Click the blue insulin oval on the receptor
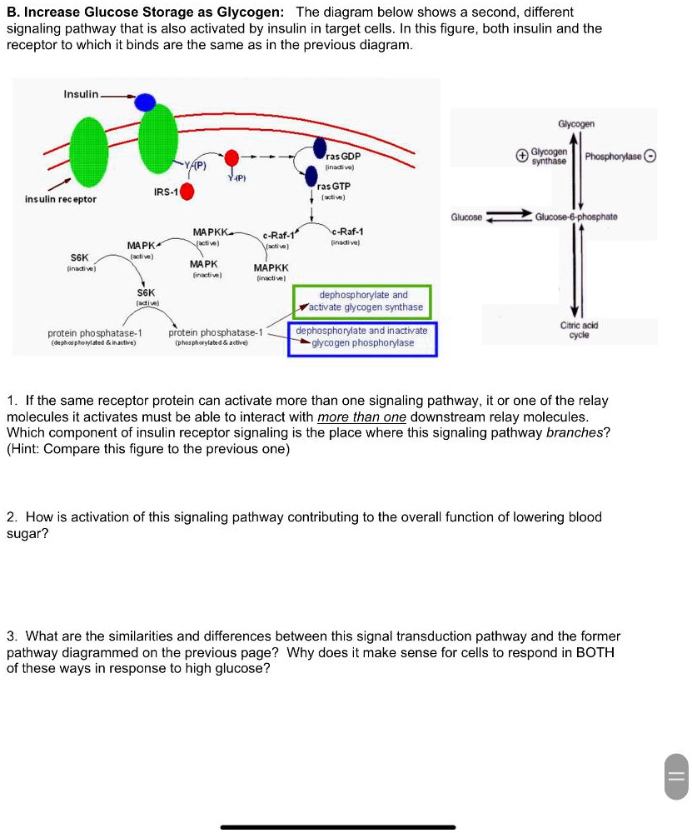146,102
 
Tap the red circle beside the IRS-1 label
188,192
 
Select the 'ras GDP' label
343,157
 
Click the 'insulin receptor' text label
60,199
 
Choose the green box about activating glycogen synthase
362,301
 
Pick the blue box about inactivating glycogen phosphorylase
362,337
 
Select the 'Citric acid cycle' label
580,331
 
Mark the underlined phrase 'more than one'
361,417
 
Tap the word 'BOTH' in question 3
595,652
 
